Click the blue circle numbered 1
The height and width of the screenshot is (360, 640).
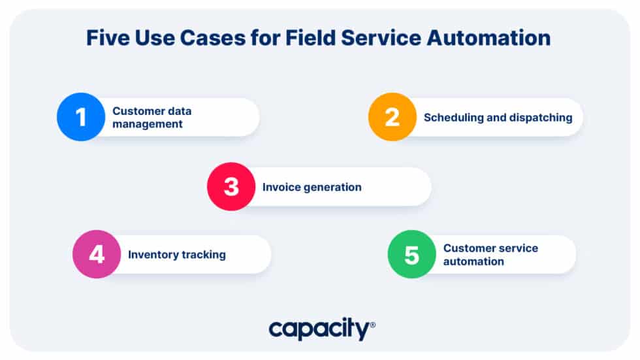[81, 117]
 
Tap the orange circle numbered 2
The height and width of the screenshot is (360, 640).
[392, 117]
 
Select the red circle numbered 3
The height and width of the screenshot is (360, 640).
[231, 187]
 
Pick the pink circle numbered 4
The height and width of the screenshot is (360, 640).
[97, 254]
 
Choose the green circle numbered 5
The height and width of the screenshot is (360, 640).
[411, 254]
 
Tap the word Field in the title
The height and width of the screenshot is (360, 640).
[311, 39]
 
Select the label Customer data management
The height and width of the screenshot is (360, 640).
[152, 117]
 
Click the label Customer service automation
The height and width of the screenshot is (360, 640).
[490, 254]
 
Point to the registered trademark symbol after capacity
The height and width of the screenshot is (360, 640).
[373, 324]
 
